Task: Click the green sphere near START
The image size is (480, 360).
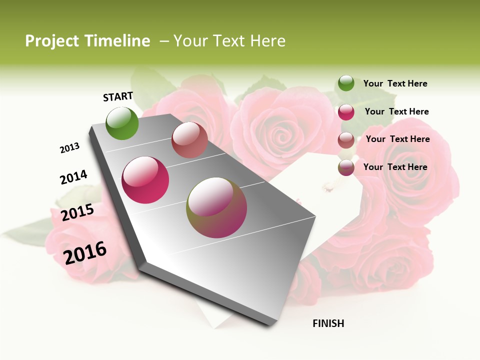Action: (122, 123)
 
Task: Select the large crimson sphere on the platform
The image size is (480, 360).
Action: (145, 180)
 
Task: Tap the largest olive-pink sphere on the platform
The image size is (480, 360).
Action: (216, 207)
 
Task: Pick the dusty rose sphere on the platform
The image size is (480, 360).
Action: (189, 140)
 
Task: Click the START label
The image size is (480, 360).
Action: (118, 96)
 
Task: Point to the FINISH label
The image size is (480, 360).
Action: (328, 323)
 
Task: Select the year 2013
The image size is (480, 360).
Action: (70, 148)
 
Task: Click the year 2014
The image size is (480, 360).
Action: (73, 177)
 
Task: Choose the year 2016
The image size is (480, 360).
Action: (85, 252)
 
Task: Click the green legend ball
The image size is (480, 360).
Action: (346, 83)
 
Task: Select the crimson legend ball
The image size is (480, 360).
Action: (346, 112)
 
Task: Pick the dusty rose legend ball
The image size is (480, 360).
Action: (346, 140)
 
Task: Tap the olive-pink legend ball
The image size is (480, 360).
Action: (346, 167)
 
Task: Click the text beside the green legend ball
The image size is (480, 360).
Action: (395, 83)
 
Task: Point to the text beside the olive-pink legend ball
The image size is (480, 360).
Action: (395, 167)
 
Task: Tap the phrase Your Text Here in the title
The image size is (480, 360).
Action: (229, 41)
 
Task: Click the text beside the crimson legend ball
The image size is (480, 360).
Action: (396, 111)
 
